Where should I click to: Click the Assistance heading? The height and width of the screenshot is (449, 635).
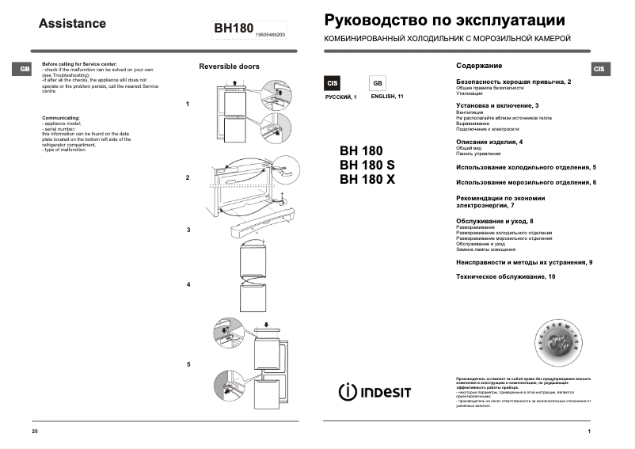(72, 24)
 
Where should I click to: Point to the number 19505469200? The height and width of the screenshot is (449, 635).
(271, 36)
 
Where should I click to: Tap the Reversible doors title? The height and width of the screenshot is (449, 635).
(229, 67)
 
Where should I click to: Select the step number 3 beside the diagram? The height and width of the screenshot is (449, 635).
(188, 230)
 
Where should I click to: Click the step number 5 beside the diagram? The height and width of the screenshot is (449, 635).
(188, 364)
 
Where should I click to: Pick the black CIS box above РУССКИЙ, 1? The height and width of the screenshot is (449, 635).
(333, 83)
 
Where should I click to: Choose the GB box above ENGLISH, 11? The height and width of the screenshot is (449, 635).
(377, 83)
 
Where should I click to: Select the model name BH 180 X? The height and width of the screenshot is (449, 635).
(367, 179)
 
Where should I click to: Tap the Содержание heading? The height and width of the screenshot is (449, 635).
(479, 66)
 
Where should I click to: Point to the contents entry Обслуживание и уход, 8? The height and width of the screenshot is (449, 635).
(495, 220)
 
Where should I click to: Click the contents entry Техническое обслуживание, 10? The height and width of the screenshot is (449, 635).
(506, 276)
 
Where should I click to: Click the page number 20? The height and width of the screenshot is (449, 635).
(34, 431)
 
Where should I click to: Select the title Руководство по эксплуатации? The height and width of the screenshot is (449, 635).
(445, 21)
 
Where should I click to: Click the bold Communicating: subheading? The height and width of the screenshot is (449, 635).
(61, 117)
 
